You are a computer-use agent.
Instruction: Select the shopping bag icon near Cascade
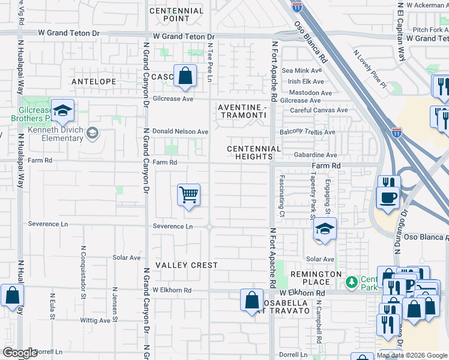pos(185,76)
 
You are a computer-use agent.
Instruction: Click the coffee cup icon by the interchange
pos(387,197)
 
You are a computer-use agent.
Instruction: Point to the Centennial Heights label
pos(254,152)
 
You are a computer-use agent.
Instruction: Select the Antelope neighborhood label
pos(93,80)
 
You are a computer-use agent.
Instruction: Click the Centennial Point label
pos(176,15)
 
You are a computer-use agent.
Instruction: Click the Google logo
pos(20,353)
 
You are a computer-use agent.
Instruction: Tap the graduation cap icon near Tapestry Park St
pos(325,229)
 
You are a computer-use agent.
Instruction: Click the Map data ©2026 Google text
pos(412,355)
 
